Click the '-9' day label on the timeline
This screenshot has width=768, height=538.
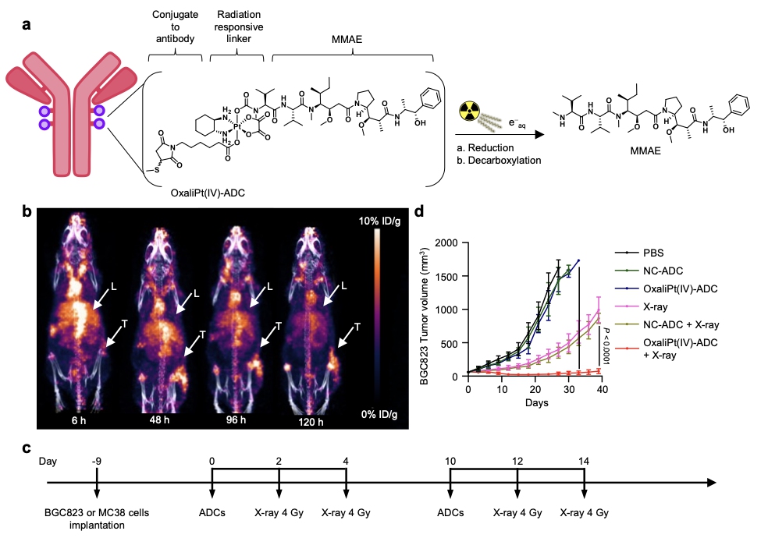(x=96, y=460)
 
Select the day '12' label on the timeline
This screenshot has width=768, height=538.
(x=517, y=460)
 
